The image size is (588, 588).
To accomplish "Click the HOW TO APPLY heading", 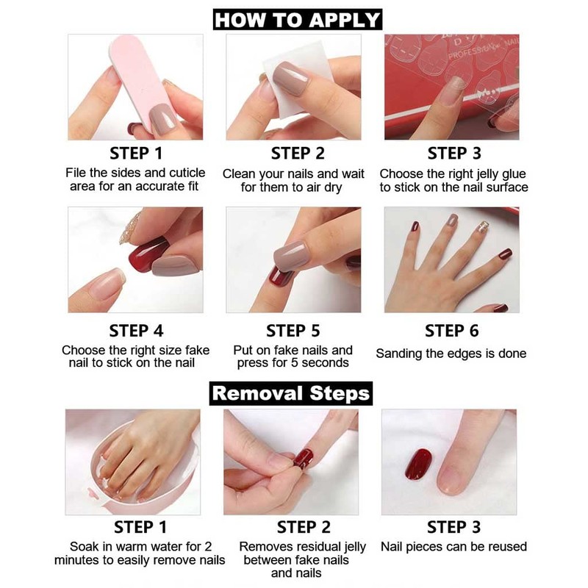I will click(298, 19).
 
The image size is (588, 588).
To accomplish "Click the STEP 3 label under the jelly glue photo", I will click(454, 154).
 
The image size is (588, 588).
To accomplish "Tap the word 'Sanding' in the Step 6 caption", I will click(402, 354).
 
